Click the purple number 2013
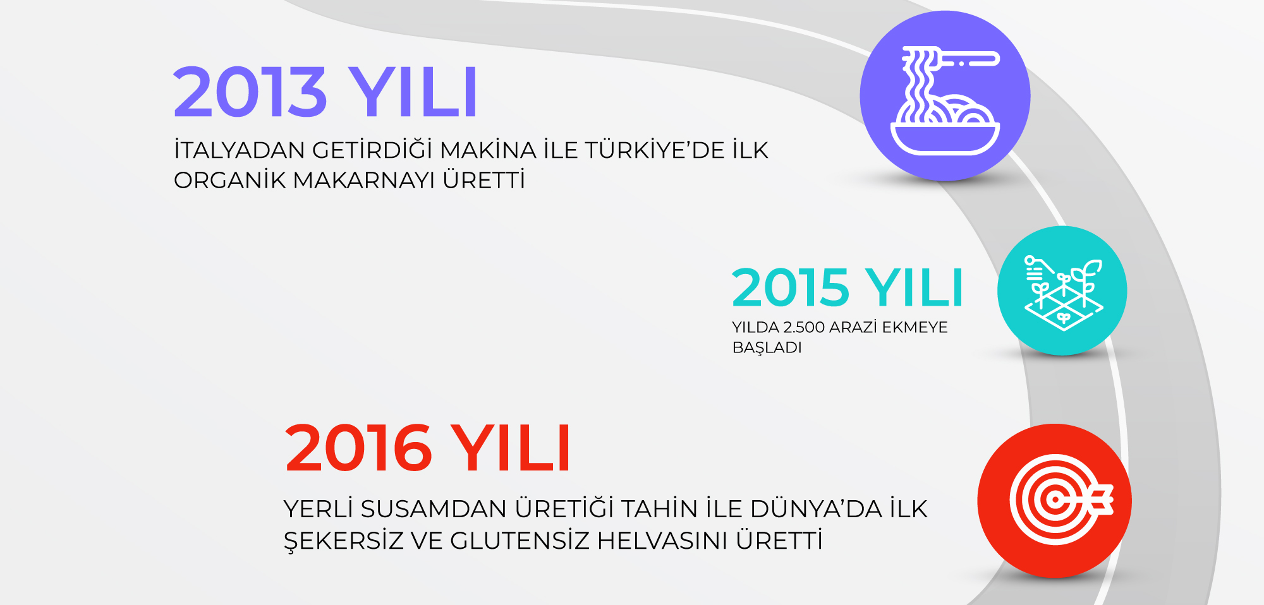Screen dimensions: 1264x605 pos(250,92)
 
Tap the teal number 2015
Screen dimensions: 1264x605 pos(790,288)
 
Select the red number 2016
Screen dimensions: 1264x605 pos(358,448)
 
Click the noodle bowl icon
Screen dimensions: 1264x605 pos(945,100)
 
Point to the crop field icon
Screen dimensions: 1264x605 pos(1063,292)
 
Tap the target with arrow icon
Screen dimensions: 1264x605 pos(1060,500)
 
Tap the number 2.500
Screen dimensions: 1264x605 pos(804,327)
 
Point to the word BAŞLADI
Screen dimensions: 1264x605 pos(767,348)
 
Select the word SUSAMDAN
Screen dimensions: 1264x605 pos(434,509)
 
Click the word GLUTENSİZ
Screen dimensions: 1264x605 pos(520,541)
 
